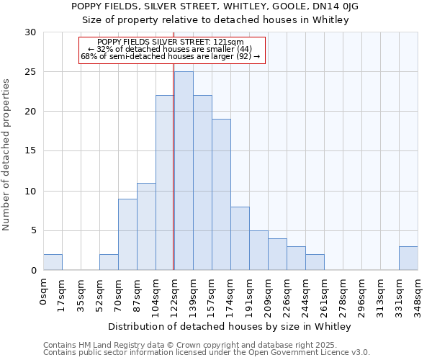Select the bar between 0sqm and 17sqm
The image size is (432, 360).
coord(53,262)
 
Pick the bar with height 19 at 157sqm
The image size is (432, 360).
coord(221,194)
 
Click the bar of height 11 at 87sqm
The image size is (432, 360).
coord(146,226)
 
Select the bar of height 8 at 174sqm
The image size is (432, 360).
coord(240,238)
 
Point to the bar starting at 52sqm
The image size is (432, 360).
coord(109,262)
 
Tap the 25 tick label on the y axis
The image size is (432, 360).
coord(30,72)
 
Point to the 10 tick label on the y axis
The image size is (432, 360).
coord(30,192)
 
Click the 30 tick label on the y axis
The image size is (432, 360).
coord(30,32)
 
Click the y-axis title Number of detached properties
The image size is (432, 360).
coord(7,156)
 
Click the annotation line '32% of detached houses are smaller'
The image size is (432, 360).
coord(172,49)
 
